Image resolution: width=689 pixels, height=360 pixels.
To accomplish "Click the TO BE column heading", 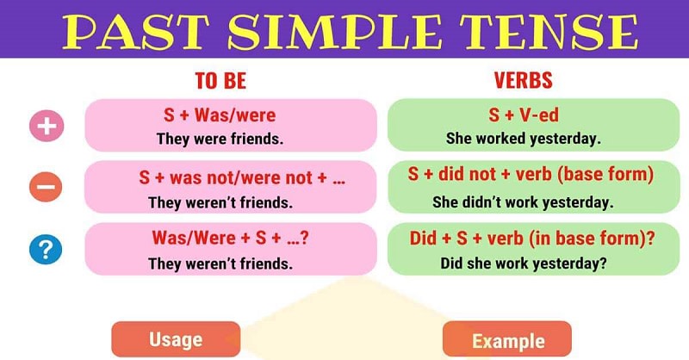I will click(220, 81).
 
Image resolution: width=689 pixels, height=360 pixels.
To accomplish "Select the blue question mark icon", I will click(46, 251).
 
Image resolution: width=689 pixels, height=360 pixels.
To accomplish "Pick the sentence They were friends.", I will click(220, 138).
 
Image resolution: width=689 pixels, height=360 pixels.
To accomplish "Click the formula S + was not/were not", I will click(231, 179).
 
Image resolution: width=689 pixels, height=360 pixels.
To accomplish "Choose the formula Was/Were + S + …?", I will click(230, 238).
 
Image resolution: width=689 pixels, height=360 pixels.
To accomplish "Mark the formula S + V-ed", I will click(523, 115).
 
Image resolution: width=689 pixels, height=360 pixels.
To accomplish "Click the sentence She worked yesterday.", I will click(524, 138).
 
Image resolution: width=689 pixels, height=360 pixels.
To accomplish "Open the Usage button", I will click(175, 338).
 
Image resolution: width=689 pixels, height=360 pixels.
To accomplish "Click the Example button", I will click(508, 340).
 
